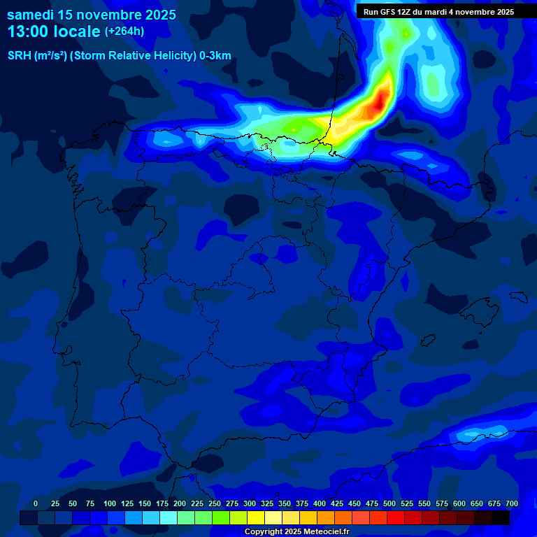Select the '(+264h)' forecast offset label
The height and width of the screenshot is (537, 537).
coord(124,31)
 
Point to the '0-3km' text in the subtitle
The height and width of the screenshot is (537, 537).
coord(215,56)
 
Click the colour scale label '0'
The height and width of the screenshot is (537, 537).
coord(36,504)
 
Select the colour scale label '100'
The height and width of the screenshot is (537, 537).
coord(110,504)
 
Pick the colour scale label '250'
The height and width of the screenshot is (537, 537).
coord(215,504)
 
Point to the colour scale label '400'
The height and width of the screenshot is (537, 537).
coord(320,504)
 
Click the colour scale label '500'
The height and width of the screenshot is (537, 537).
coord(389,504)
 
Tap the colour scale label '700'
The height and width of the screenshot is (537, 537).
coord(512,504)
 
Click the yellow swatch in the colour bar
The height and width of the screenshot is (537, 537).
coord(256,518)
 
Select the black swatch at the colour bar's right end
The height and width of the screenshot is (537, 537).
coord(501,518)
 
